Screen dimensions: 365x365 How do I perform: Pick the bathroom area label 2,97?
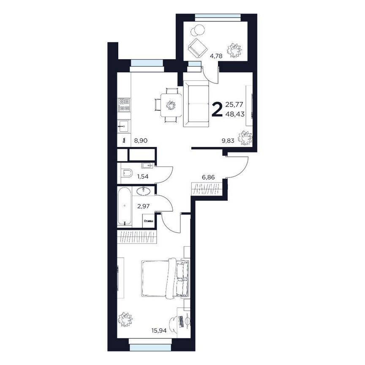pyautogui.click(x=142, y=206)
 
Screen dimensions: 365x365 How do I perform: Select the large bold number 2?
pyautogui.click(x=217, y=109)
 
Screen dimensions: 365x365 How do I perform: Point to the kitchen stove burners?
pyautogui.click(x=124, y=104)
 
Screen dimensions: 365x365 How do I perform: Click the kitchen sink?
pyautogui.click(x=124, y=125)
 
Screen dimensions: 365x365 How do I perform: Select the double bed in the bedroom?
pyautogui.click(x=165, y=278)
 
